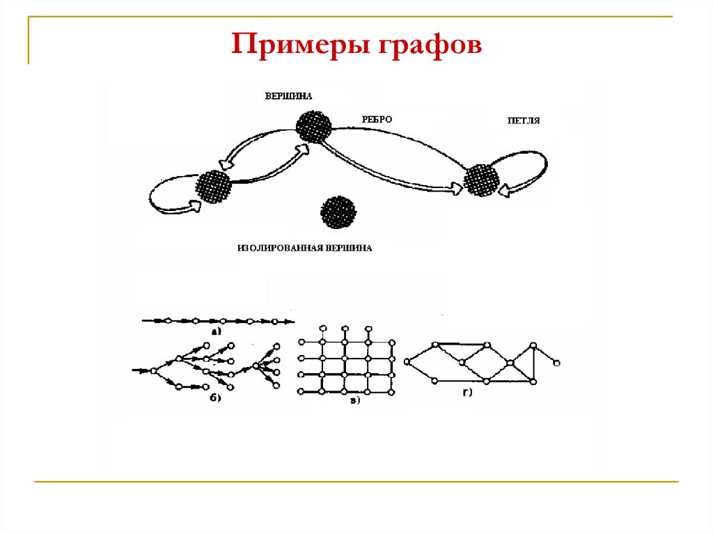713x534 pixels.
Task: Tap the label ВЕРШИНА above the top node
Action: click(288, 96)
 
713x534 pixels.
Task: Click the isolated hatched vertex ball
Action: click(338, 212)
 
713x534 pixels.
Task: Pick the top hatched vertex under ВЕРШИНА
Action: click(313, 127)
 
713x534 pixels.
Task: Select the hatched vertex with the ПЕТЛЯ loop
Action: click(482, 179)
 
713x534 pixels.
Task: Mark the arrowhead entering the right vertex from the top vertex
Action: click(457, 187)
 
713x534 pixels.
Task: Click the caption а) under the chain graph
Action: click(216, 332)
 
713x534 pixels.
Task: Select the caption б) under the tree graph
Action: click(215, 398)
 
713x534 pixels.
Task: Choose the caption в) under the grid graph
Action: click(354, 400)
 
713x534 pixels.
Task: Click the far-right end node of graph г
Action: click(557, 363)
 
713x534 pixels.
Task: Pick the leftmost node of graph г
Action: click(407, 362)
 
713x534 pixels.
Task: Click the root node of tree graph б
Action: click(154, 370)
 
